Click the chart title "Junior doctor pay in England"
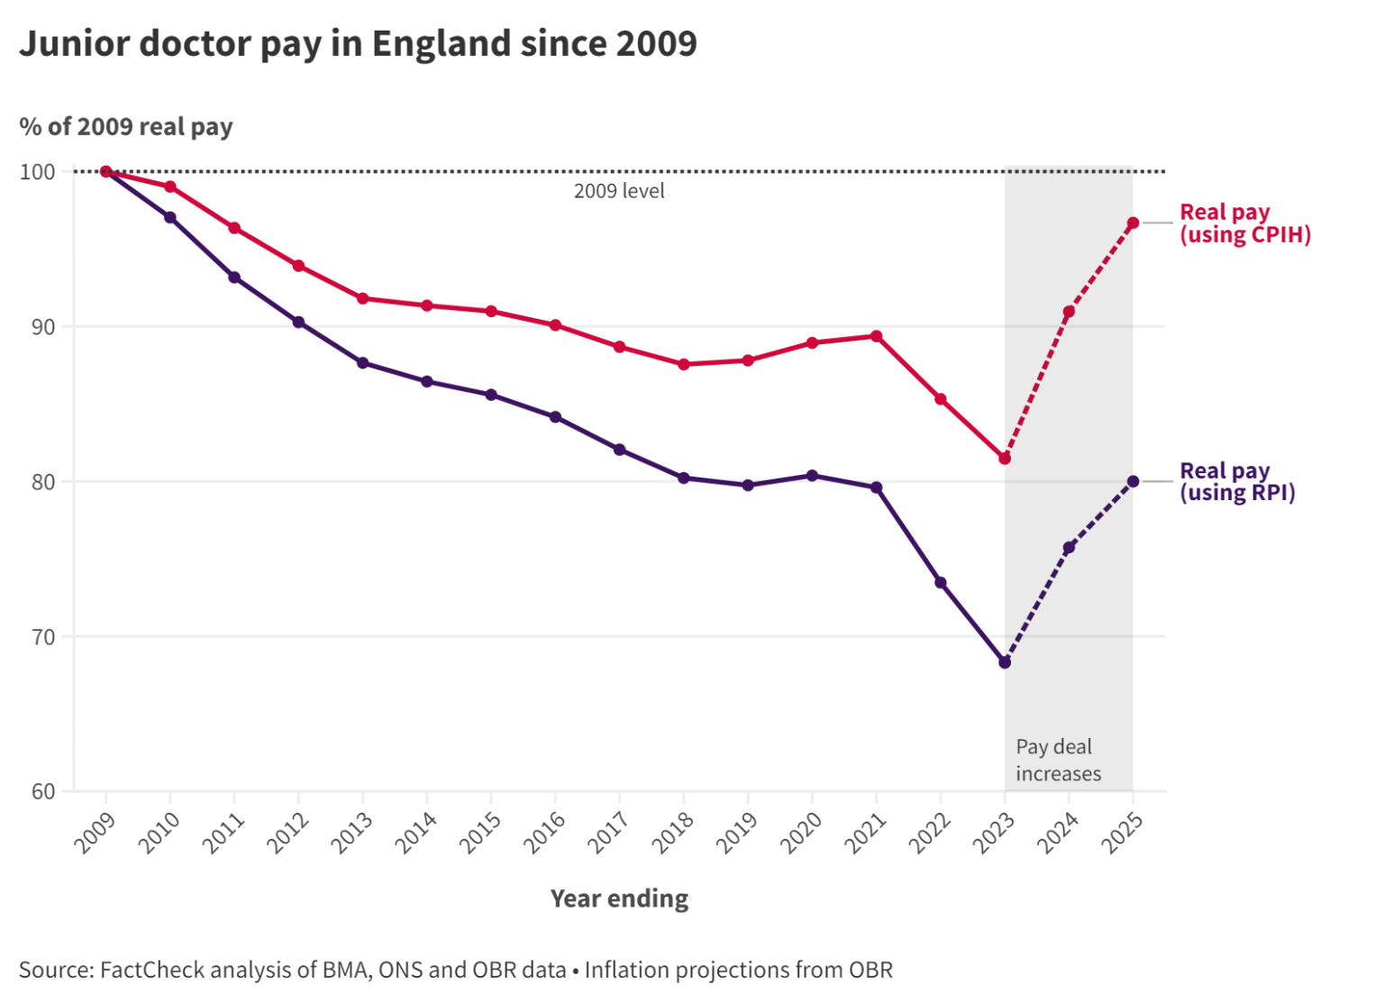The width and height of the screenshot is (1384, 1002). click(358, 43)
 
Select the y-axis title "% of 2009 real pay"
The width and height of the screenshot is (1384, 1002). click(126, 127)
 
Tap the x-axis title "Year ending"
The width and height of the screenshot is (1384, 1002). click(619, 898)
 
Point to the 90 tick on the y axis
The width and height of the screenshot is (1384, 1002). click(43, 327)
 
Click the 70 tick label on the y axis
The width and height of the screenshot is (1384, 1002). click(43, 637)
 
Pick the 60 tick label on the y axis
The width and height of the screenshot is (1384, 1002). click(43, 792)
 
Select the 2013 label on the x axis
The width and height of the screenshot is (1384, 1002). click(352, 832)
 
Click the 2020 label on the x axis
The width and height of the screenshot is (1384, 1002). click(802, 832)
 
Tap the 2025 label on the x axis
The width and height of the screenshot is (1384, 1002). click(1123, 832)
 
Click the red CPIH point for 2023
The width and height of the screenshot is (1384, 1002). click(1005, 459)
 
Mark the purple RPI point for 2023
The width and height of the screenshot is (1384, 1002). click(1005, 662)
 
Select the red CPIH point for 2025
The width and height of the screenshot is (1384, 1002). click(1133, 223)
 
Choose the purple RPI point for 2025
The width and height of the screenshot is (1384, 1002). click(1133, 481)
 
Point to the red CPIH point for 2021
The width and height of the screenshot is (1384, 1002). click(876, 336)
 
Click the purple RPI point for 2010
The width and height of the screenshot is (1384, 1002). click(169, 217)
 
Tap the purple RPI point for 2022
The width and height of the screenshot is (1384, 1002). click(941, 583)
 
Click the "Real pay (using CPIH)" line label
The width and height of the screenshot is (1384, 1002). click(1244, 223)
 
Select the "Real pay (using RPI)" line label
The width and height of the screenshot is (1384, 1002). click(1237, 482)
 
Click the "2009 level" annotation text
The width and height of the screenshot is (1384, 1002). click(619, 191)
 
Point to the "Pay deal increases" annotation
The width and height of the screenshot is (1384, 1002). click(1058, 761)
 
